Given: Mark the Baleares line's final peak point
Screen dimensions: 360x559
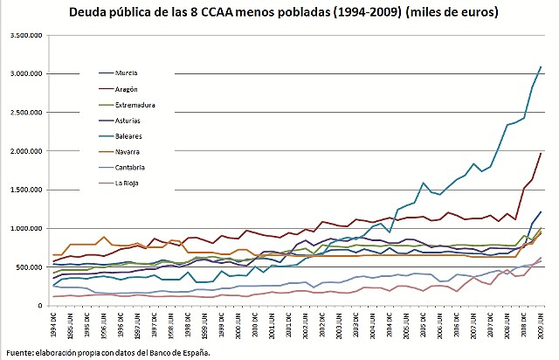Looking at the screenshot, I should pyautogui.click(x=541, y=66).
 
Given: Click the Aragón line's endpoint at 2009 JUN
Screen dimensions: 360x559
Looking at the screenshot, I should pyautogui.click(x=541, y=153).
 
